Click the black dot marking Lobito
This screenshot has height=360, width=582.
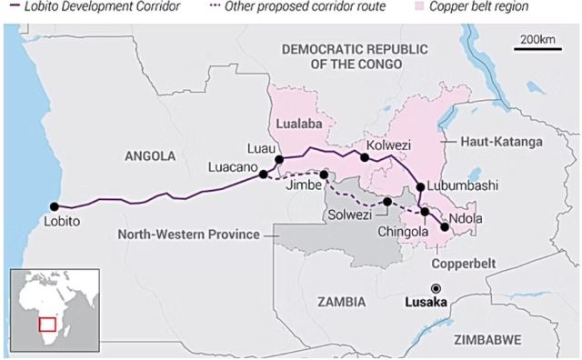click(55, 206)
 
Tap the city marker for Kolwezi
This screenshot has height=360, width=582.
click(364, 157)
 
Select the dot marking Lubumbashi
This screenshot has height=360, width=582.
click(420, 187)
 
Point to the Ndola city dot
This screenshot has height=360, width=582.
click(445, 227)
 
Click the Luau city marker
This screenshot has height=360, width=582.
click(279, 159)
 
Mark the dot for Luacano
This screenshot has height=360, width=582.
click(263, 174)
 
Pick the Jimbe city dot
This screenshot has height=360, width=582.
click(324, 173)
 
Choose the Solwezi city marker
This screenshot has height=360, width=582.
click(387, 202)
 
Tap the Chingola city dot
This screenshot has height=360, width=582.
click(425, 212)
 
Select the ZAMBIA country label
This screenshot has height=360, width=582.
click(336, 301)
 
